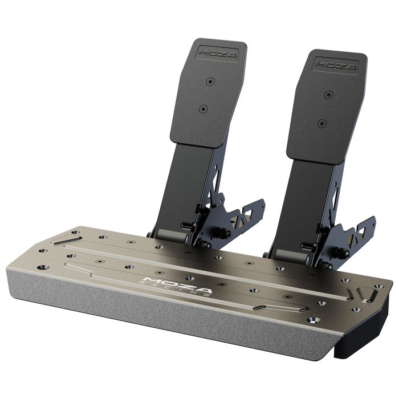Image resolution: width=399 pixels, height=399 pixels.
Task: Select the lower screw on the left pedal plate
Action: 203,109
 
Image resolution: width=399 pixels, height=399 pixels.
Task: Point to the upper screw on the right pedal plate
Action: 329,95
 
